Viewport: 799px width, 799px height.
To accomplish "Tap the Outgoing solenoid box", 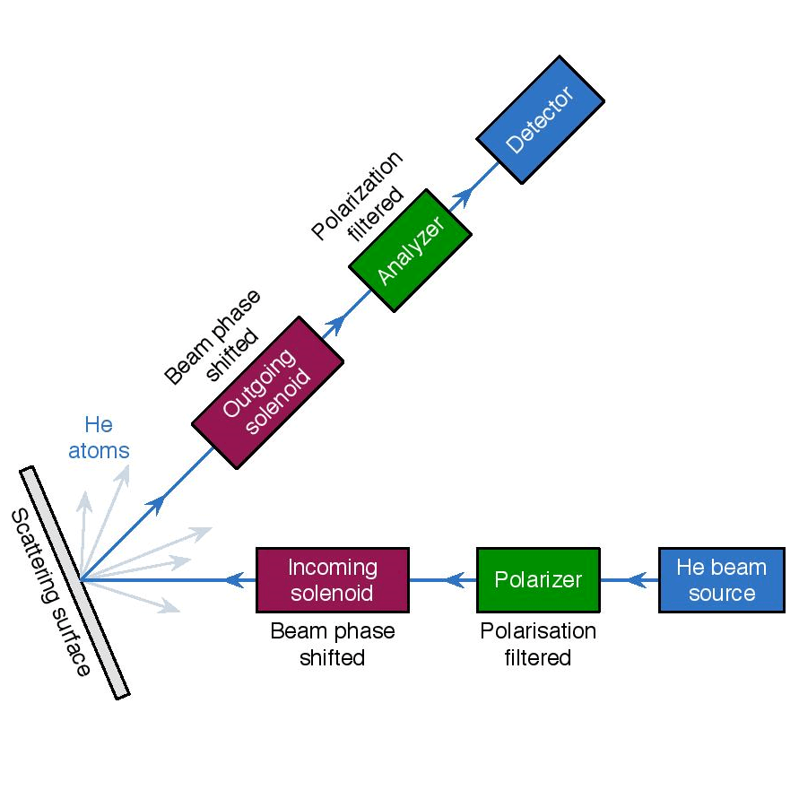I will point(268,390).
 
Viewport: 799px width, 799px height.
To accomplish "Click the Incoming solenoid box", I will point(333,580).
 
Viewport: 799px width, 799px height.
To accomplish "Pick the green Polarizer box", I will point(538,579).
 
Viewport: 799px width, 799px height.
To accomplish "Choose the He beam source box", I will point(722,579).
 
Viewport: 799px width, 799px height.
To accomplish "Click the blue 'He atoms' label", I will point(99,437).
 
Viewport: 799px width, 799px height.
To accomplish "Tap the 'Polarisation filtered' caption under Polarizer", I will point(538,644).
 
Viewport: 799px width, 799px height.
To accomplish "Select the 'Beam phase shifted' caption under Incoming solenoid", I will point(333,644).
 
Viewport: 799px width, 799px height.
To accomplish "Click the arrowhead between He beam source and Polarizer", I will point(638,580).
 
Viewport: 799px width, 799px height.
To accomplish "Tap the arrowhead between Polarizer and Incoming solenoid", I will point(456,580).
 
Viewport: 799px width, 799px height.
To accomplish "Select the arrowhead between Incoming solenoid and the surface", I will point(235,580).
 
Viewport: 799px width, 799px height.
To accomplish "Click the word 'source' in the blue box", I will point(722,593).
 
